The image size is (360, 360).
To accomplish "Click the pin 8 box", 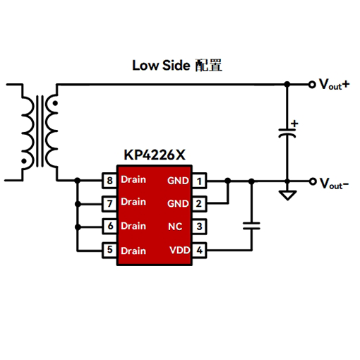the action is coord(109,181).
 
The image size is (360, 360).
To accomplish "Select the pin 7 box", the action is coord(109,204).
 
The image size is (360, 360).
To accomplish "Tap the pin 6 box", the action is coord(109,227).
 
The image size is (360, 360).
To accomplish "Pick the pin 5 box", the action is coord(109,251).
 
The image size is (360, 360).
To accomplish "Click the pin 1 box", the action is coord(199,181).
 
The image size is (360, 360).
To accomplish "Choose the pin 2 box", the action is coord(199,204).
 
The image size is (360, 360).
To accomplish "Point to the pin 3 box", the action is coord(199,227).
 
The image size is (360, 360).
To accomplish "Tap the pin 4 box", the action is coord(199,251).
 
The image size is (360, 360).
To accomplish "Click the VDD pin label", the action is coord(180,250).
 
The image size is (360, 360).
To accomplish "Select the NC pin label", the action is coord(175,227).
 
